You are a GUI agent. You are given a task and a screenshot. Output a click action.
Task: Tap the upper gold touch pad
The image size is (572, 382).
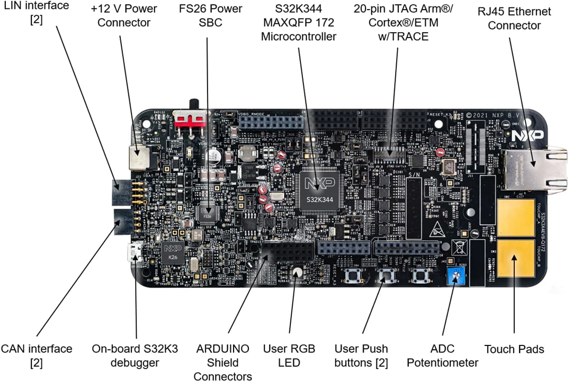pyautogui.click(x=515, y=219)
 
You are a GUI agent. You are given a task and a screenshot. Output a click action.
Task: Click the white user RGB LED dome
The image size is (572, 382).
pyautogui.click(x=297, y=273)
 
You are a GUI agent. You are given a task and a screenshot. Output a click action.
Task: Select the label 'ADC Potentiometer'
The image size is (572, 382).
pyautogui.click(x=453, y=356)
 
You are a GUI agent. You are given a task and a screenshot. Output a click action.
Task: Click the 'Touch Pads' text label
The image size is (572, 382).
pyautogui.click(x=514, y=349)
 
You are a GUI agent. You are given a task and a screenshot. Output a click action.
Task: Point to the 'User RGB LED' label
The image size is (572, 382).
pyautogui.click(x=289, y=356)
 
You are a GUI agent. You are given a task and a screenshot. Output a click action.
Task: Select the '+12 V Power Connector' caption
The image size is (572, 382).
pyautogui.click(x=124, y=16)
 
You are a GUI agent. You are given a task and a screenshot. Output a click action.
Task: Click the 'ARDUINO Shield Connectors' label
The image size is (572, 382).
pyautogui.click(x=222, y=362)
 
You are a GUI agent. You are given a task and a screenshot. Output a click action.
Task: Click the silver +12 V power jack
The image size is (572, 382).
pyautogui.click(x=139, y=155)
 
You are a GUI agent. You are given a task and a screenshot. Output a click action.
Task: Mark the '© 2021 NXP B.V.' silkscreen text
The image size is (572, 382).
pyautogui.click(x=487, y=115)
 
